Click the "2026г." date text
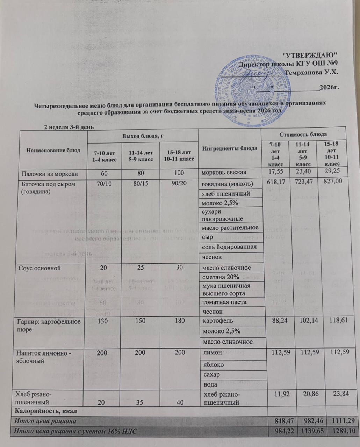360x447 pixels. tap(330, 87)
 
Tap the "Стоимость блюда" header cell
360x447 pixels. tap(303, 134)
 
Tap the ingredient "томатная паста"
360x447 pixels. tap(222, 302)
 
